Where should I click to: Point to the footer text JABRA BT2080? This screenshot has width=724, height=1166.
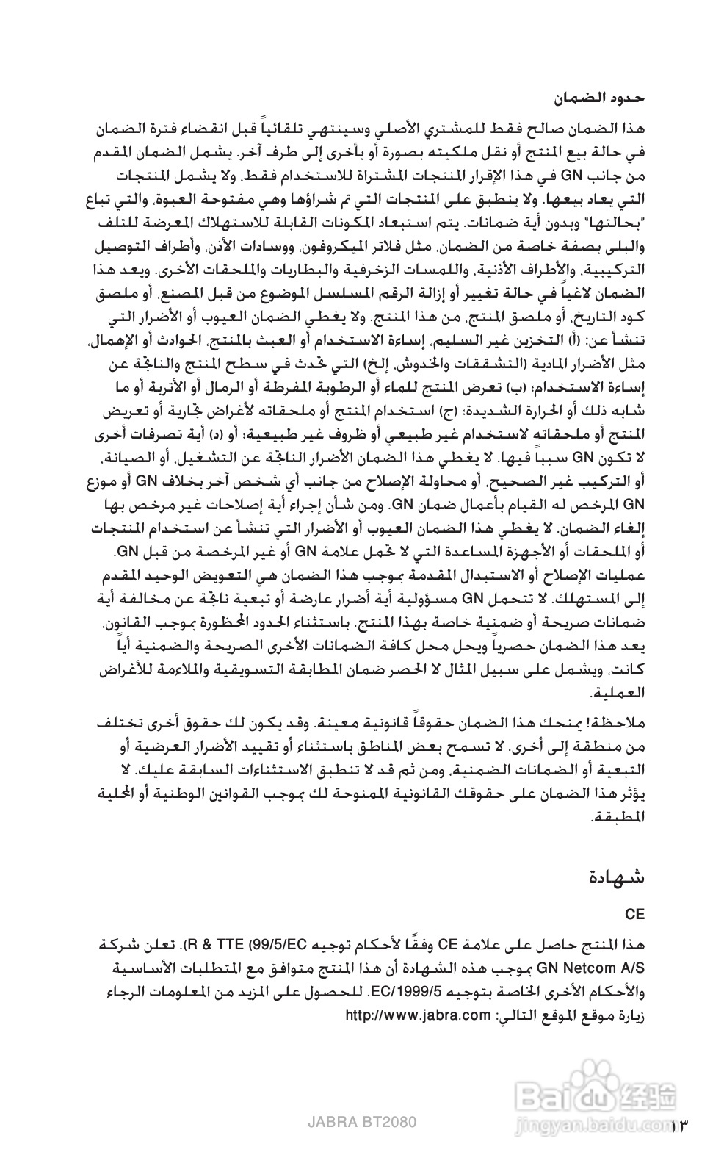(362, 1123)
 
